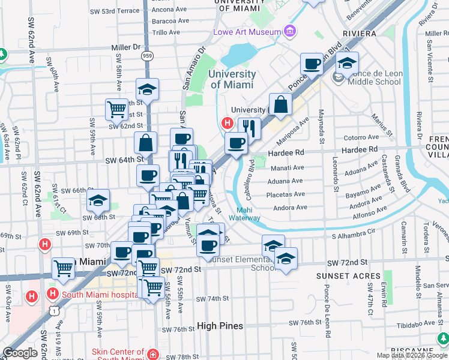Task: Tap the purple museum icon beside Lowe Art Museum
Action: click(x=291, y=31)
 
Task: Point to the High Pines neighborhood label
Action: click(x=220, y=326)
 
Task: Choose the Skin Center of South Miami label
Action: click(x=118, y=355)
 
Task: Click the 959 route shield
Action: click(x=147, y=56)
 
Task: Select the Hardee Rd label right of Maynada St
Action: click(x=360, y=149)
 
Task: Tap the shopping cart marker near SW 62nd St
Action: click(x=116, y=109)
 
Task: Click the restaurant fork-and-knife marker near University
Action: click(x=249, y=127)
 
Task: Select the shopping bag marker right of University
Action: click(x=280, y=104)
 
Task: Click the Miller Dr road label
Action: click(x=125, y=47)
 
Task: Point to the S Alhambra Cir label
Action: click(x=353, y=230)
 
